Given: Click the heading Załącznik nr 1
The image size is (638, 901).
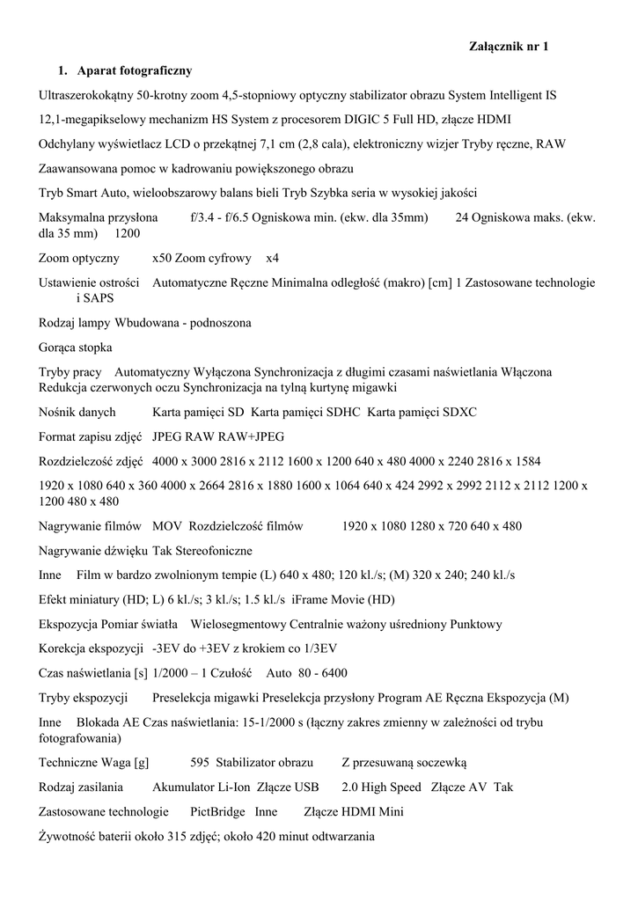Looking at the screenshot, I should click(510, 47).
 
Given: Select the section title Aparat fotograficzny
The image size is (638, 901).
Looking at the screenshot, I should click(135, 70).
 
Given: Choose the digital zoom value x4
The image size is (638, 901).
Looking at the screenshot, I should click(273, 259).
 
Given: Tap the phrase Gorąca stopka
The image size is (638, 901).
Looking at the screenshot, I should click(76, 348).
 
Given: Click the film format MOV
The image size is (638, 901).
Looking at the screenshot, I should click(167, 526).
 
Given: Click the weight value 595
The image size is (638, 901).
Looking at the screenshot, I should click(199, 763).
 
